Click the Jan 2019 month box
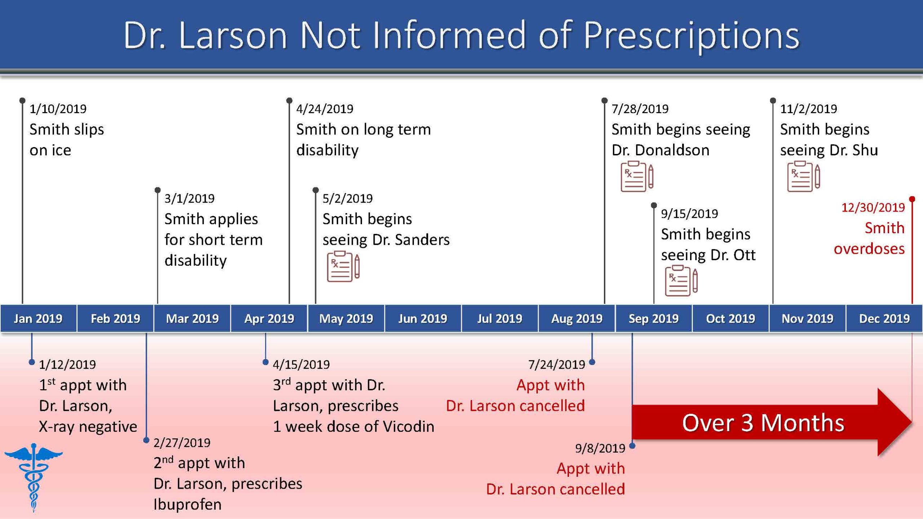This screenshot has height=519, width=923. (x=38, y=318)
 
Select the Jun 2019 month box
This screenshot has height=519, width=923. (x=423, y=318)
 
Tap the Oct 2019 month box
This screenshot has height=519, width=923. (x=730, y=318)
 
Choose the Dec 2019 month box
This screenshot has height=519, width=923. (x=884, y=318)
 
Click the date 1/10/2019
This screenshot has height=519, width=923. (x=58, y=109)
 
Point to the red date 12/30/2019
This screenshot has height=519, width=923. (x=873, y=208)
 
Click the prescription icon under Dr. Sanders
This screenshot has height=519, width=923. (x=343, y=267)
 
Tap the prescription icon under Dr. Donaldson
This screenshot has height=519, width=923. (x=637, y=177)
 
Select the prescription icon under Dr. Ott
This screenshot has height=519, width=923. (x=681, y=281)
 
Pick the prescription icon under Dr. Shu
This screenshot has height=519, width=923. (x=804, y=177)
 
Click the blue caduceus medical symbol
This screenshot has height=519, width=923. (x=34, y=478)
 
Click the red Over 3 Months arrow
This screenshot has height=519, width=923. (x=772, y=422)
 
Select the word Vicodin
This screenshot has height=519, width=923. (x=408, y=427)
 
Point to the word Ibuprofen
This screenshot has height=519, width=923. (x=187, y=505)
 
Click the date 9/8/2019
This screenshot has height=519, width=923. (x=600, y=448)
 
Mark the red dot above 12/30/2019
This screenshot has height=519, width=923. (x=912, y=199)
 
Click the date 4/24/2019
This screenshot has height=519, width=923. (x=325, y=109)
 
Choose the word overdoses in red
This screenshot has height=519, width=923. (x=869, y=249)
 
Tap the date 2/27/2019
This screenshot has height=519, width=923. (x=182, y=443)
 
